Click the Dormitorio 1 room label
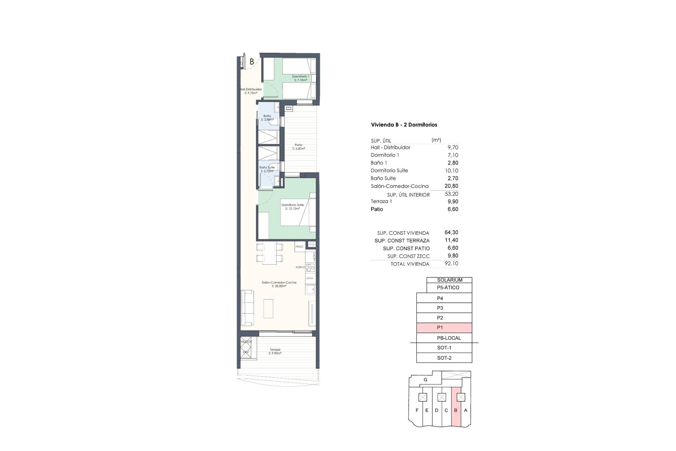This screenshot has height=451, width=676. [300, 78]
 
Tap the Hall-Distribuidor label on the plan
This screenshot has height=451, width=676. [251, 91]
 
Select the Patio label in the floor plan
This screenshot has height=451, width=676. [299, 147]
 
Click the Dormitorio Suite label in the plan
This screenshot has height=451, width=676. [292, 206]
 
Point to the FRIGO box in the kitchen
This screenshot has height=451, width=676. [300, 247]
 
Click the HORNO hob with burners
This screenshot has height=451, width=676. [310, 267]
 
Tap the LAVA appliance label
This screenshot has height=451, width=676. [310, 278]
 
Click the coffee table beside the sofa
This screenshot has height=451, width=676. [268, 308]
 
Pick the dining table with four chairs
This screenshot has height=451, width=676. [269, 253]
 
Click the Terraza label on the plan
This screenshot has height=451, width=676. [275, 351]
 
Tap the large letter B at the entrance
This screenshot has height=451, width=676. [252, 62]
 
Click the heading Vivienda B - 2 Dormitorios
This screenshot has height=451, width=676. [404, 125]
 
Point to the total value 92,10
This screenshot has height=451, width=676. [451, 263]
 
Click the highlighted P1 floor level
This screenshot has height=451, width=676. [444, 328]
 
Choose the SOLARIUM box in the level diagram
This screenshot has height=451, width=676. [449, 280]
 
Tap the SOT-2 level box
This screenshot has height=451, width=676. [444, 358]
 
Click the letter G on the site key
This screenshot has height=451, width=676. [425, 380]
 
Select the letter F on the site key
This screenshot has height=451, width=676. [417, 410]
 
